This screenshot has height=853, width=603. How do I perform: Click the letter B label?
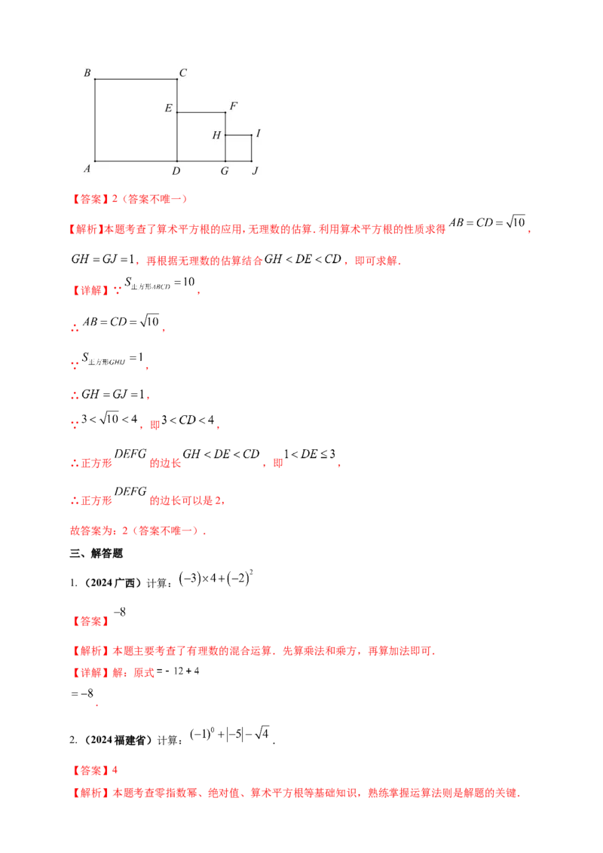pos(87,73)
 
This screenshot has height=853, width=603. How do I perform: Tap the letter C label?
pos(182,73)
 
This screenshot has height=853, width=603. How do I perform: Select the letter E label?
pos(168,109)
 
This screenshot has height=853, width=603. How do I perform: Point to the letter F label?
pos(234,106)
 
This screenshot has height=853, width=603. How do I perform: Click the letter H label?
pos(216,136)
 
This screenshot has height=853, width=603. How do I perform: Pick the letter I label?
pos(258,133)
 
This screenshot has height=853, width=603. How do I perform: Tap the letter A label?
pos(87,169)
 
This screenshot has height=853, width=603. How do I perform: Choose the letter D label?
pos(176,171)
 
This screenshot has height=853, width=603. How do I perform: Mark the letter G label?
pos(225,171)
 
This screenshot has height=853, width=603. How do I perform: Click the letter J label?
pos(256,171)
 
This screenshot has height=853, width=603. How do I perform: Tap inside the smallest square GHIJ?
pos(238,148)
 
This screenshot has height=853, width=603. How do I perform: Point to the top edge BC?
pos(136,78)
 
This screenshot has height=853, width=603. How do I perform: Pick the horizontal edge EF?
pos(201,112)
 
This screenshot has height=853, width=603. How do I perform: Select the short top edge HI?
pos(238,136)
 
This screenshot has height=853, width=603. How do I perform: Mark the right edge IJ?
pos(251,148)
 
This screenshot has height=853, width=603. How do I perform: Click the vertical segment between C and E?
pos(177,95)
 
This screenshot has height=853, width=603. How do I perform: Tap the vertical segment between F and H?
pos(225,124)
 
